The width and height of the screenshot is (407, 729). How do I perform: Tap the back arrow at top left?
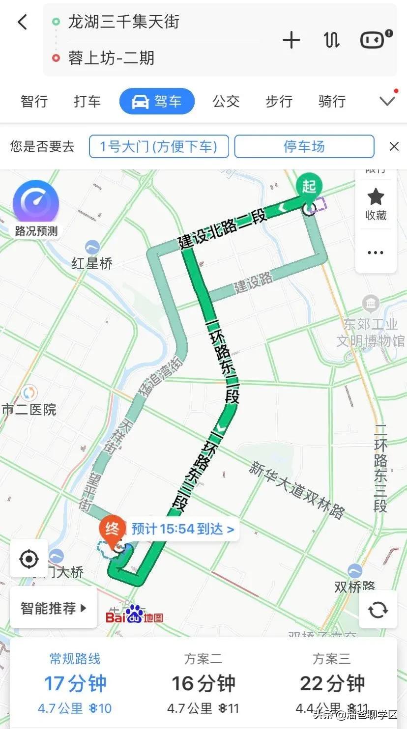(23, 22)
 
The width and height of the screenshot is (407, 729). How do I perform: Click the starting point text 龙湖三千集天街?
(123, 22)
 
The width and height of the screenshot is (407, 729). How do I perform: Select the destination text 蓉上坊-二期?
(111, 58)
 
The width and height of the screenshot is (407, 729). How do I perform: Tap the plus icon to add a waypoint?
(291, 40)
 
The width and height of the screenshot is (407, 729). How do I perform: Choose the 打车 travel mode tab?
(87, 102)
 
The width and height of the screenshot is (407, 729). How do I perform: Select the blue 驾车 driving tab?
(157, 102)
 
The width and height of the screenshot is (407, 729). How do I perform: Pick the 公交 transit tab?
(226, 102)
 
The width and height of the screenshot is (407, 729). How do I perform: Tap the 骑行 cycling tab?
(332, 102)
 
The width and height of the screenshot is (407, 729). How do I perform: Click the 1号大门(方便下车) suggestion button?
(159, 146)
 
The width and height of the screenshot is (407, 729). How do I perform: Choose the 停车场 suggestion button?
(304, 146)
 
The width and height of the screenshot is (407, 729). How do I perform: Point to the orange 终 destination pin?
(112, 530)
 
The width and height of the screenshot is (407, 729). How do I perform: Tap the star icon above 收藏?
(376, 197)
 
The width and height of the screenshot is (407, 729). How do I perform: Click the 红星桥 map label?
(92, 263)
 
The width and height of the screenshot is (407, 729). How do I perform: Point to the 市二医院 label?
(29, 409)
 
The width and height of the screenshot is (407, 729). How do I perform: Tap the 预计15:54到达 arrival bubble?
(182, 529)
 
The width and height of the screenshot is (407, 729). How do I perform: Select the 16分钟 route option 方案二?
(203, 683)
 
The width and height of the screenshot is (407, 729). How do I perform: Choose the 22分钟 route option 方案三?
(332, 683)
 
